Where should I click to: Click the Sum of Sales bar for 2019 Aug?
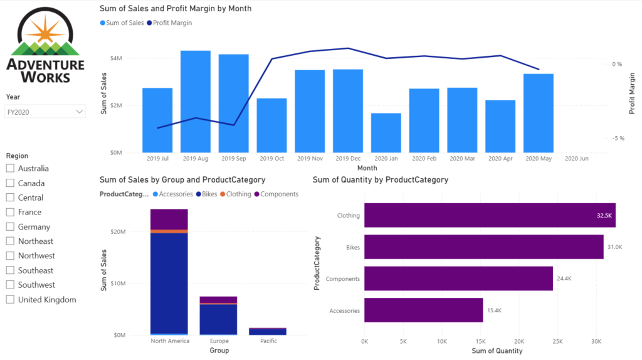coord(195,101)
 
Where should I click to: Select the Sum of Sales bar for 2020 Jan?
coord(386,132)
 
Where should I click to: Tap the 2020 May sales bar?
coord(538,113)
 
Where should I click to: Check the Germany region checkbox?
coord(10,226)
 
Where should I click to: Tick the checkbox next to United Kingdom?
coord(10,299)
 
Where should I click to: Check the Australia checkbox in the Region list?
coord(10,168)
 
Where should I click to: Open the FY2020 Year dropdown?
coord(45,112)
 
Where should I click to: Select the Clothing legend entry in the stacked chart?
coord(238,194)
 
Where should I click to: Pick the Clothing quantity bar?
coord(489,215)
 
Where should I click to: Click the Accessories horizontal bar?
coord(423,310)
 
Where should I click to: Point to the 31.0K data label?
coord(614,247)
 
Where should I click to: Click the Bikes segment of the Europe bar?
coord(218,319)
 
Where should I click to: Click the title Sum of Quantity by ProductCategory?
coord(380,180)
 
